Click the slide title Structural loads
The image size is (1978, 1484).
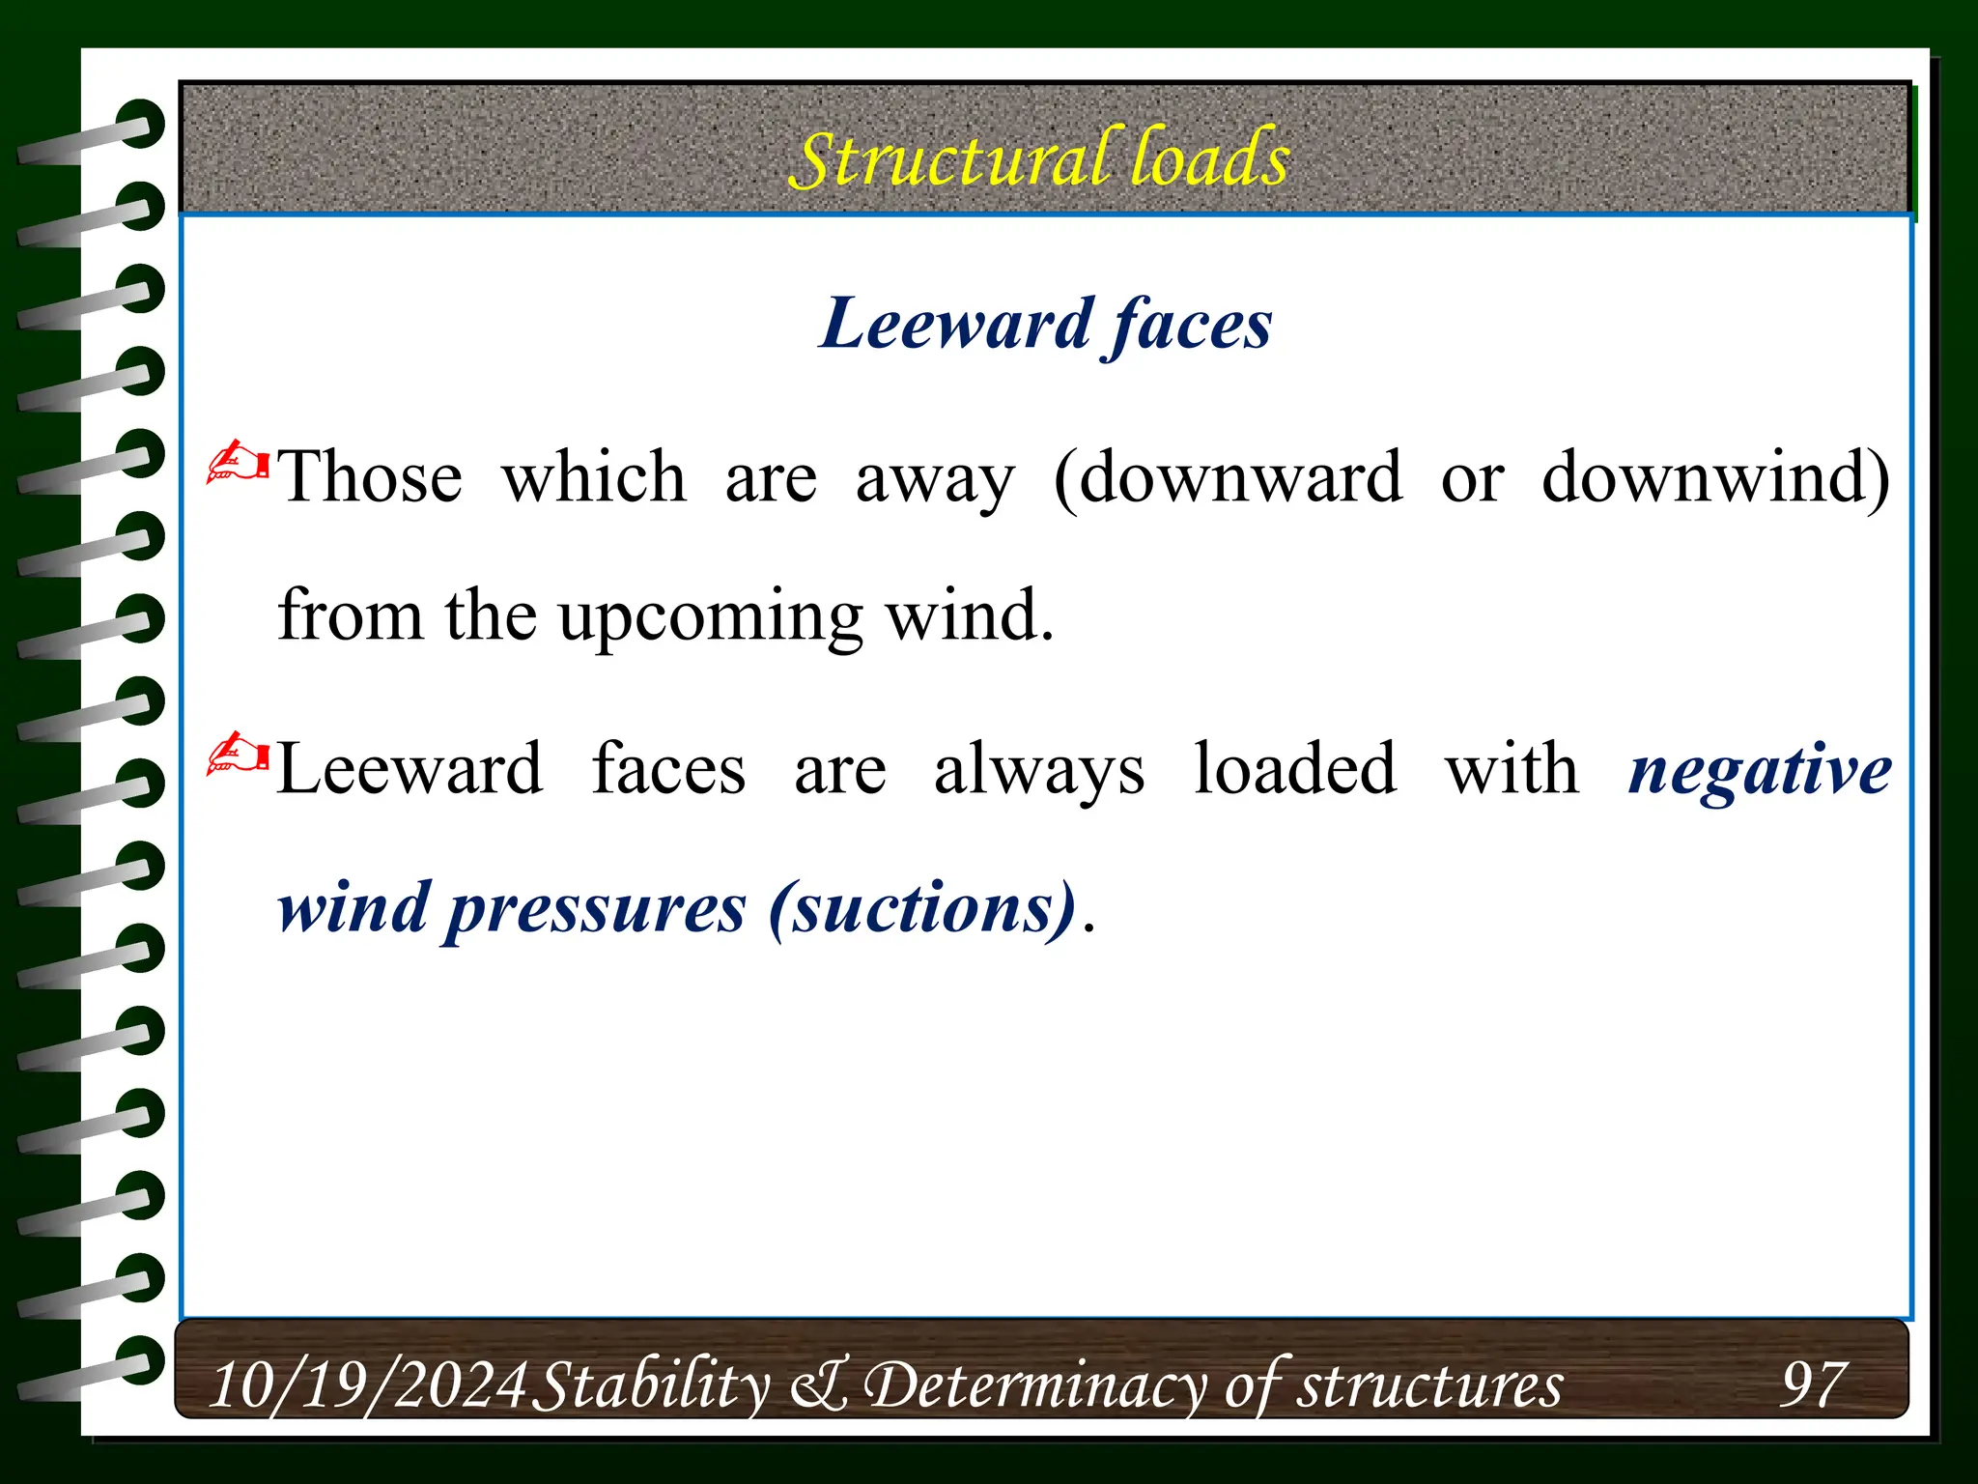point(1039,159)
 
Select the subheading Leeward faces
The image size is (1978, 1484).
point(1045,325)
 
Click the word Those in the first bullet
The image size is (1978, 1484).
point(370,477)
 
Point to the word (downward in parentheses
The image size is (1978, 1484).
point(1228,477)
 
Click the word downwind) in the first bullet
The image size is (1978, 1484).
point(1715,477)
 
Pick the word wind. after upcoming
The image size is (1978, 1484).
point(970,615)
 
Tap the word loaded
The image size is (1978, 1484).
point(1294,769)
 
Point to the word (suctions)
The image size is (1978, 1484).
point(922,908)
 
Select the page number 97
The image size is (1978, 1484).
point(1813,1384)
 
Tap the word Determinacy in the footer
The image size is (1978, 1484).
point(1035,1384)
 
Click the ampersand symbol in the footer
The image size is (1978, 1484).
point(821,1384)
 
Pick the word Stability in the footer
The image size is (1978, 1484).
point(652,1384)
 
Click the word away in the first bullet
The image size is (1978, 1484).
point(935,479)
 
